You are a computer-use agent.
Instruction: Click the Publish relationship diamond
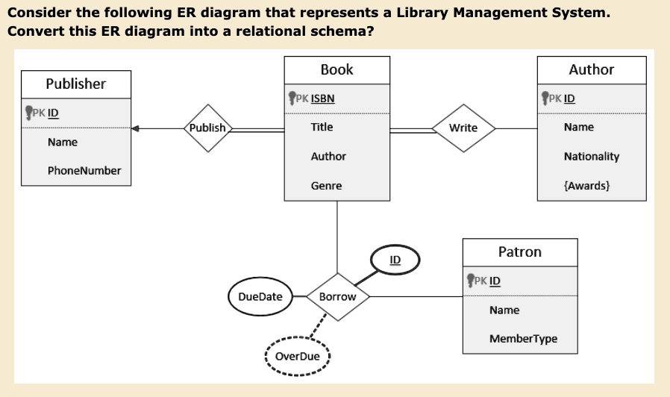[208, 128]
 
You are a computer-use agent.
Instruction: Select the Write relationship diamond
[463, 128]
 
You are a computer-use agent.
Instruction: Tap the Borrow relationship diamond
[337, 297]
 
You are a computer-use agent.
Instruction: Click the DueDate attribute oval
[260, 296]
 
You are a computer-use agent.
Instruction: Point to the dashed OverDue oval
[298, 357]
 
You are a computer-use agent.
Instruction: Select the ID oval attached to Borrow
[395, 260]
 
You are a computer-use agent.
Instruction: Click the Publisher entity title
[76, 84]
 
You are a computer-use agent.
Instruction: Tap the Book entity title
[337, 69]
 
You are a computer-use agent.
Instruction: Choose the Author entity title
[592, 69]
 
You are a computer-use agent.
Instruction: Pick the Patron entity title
[520, 252]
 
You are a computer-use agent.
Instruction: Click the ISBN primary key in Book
[322, 99]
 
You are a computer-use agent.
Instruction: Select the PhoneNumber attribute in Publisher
[84, 171]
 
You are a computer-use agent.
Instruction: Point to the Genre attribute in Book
[327, 186]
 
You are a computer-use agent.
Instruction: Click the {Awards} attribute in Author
[586, 186]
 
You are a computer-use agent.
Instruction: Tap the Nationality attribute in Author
[592, 157]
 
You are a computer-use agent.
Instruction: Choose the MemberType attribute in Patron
[524, 339]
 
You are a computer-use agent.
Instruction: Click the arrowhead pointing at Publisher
[135, 128]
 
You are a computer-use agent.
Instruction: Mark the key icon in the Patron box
[471, 281]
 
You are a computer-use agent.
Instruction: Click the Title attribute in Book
[322, 127]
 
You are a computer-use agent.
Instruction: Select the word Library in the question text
[422, 13]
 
